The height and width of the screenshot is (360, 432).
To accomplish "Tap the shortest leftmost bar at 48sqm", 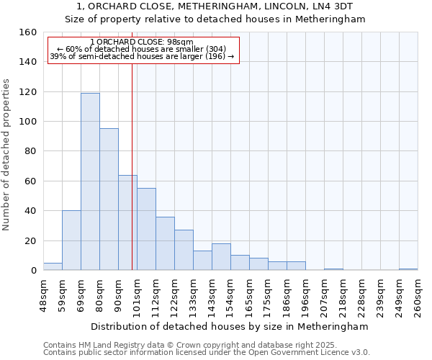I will coord(53,266).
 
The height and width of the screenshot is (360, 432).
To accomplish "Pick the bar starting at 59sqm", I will coord(71,240).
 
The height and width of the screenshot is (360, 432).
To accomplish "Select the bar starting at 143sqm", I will coord(221,257).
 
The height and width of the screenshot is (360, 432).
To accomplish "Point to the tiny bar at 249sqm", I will coord(408,269).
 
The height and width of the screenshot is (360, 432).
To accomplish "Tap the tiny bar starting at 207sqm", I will coord(333,269).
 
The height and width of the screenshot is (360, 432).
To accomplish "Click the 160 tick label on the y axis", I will coord(27,32).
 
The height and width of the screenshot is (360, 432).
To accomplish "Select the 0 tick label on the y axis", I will coord(33,271).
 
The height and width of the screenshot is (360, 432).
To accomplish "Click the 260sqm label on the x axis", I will coord(418,296).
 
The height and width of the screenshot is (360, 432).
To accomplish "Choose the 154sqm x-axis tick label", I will coord(230,296).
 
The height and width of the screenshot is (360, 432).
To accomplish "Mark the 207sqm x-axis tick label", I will coord(324,296).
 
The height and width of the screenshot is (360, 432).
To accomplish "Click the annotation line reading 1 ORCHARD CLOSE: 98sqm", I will coord(142,42).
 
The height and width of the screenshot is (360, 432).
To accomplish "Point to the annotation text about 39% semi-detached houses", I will coord(142,56).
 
